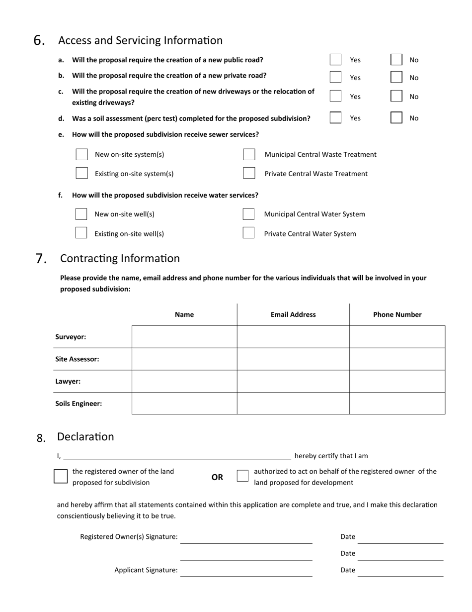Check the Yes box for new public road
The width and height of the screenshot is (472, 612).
(x=335, y=60)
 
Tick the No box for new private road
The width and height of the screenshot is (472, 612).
(x=396, y=77)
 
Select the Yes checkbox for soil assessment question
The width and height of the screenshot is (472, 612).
(x=335, y=117)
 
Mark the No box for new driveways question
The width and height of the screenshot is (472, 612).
(x=396, y=96)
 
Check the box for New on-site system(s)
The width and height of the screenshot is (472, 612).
(x=81, y=154)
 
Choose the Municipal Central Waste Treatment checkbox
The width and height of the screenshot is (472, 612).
(x=249, y=154)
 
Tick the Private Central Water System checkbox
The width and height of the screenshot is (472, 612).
(x=248, y=233)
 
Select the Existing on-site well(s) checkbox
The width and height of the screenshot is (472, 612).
(x=81, y=233)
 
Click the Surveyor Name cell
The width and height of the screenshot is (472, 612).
(x=184, y=337)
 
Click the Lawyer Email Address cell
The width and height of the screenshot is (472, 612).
(x=293, y=381)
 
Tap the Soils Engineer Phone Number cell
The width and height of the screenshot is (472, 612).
(x=397, y=404)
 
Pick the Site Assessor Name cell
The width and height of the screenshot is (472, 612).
(x=184, y=359)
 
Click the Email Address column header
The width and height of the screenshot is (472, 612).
(x=293, y=314)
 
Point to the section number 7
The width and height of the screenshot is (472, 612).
(x=41, y=259)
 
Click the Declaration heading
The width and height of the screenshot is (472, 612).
(x=85, y=436)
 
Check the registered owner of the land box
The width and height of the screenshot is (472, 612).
(x=61, y=476)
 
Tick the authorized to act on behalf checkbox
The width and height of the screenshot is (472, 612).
(x=242, y=476)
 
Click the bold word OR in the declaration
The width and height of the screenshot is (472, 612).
(x=217, y=477)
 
